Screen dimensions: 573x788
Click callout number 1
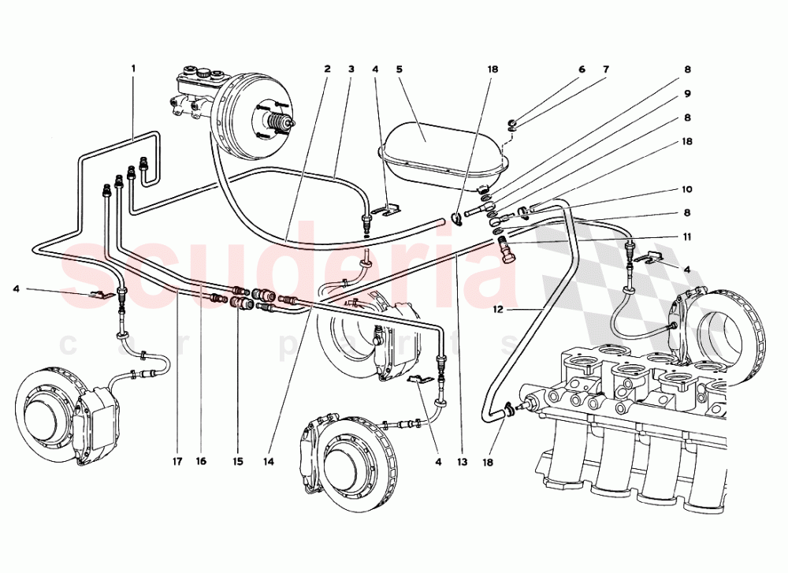pos(133,69)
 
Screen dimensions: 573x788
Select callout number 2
pos(326,69)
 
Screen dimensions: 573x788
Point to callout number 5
pos(400,69)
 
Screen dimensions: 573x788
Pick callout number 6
pos(582,69)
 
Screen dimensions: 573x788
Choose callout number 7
pos(606,69)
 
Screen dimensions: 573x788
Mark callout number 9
pos(687,94)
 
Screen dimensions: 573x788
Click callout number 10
pos(687,190)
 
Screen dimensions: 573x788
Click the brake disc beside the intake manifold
pos(725,331)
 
